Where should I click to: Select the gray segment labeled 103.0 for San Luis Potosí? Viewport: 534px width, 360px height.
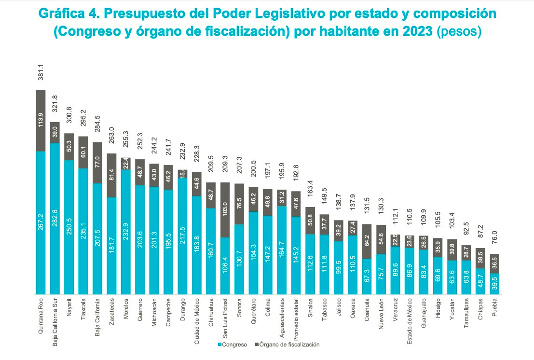[225, 210]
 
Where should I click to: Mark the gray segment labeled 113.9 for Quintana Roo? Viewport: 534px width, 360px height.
[41, 121]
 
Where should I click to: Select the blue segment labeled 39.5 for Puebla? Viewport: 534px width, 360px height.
[494, 284]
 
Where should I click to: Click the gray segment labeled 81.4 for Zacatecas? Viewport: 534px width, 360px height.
[112, 175]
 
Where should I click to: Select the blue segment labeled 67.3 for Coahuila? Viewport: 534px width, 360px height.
[367, 277]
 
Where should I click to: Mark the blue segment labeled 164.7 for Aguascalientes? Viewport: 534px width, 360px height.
[282, 250]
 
